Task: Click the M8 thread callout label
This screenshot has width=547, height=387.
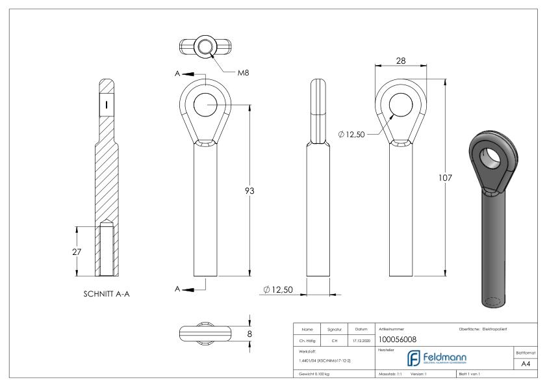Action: point(244,72)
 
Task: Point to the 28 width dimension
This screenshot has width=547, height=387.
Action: point(401,59)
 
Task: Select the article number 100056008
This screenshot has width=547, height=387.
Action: point(398,339)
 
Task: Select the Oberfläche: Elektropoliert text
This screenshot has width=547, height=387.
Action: point(486,328)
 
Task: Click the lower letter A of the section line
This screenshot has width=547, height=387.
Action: point(177,288)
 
